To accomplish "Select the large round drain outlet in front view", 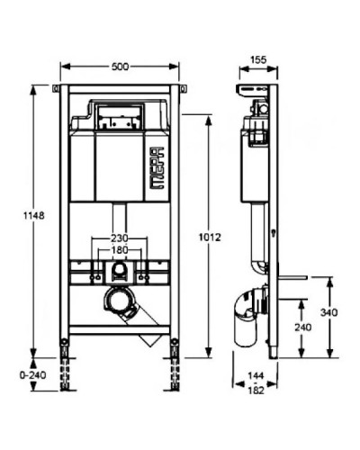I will (117, 301).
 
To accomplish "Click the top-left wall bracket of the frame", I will (58, 88).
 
